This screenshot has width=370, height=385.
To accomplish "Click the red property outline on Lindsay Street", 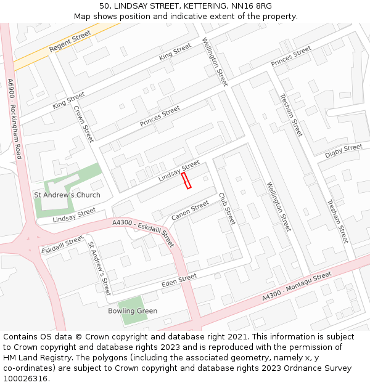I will (x=186, y=180).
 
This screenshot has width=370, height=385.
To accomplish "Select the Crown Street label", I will (x=83, y=124).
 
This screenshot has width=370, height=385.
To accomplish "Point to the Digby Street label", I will (x=343, y=151).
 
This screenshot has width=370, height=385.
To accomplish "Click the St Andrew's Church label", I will (x=67, y=195).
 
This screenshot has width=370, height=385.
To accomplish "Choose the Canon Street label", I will (x=190, y=211).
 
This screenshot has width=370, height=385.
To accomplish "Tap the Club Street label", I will (x=227, y=209).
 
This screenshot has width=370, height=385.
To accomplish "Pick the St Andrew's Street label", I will (x=99, y=268).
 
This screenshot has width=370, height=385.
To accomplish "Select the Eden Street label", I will (x=179, y=281).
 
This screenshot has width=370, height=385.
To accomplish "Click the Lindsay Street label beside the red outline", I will (x=179, y=171).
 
